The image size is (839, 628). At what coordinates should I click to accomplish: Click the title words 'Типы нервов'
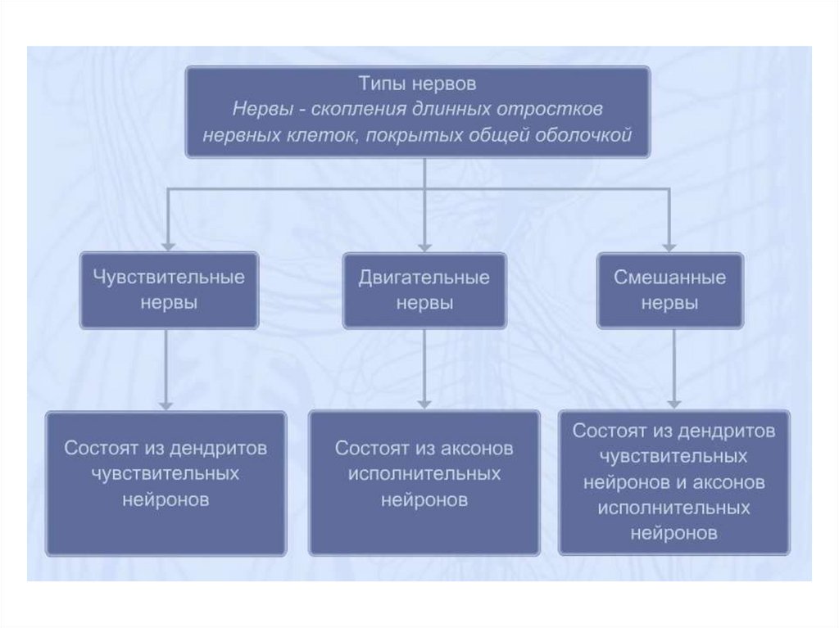417,84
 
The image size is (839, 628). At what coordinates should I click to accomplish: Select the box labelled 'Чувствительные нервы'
169,290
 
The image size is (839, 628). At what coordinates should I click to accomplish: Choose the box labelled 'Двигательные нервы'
424,290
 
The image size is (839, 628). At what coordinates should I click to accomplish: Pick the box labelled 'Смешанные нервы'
669,290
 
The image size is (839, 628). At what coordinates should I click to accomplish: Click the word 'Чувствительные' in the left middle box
169,277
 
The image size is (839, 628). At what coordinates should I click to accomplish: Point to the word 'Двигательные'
424,277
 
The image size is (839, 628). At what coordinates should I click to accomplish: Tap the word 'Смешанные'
669,277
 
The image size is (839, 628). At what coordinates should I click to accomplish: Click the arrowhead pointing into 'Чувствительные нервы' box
169,244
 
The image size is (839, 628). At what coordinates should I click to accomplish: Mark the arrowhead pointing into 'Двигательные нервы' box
424,244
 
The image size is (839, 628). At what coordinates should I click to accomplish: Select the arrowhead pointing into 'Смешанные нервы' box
669,244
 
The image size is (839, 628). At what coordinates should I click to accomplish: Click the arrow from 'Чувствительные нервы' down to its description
166,368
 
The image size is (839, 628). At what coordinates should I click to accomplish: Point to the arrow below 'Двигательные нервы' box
424,368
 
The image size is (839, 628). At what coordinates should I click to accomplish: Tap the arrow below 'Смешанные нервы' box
673,368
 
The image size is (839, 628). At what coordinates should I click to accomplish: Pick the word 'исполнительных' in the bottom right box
673,508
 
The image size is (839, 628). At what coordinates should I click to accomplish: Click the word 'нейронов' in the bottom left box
166,499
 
